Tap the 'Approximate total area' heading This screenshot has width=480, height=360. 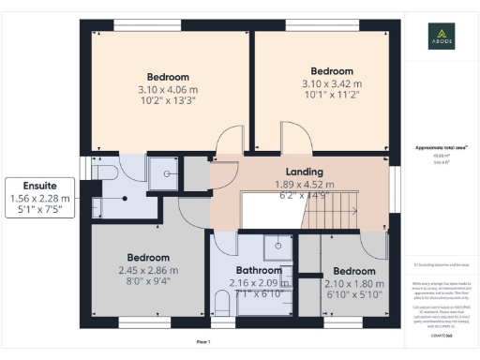(x=435, y=148)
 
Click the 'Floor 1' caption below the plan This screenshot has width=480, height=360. (x=203, y=341)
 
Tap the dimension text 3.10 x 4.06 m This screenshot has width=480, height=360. (x=169, y=90)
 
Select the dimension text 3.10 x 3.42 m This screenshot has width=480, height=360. (x=331, y=84)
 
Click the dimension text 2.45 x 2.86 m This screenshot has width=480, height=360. (x=148, y=271)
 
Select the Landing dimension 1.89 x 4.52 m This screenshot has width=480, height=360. (x=302, y=185)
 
